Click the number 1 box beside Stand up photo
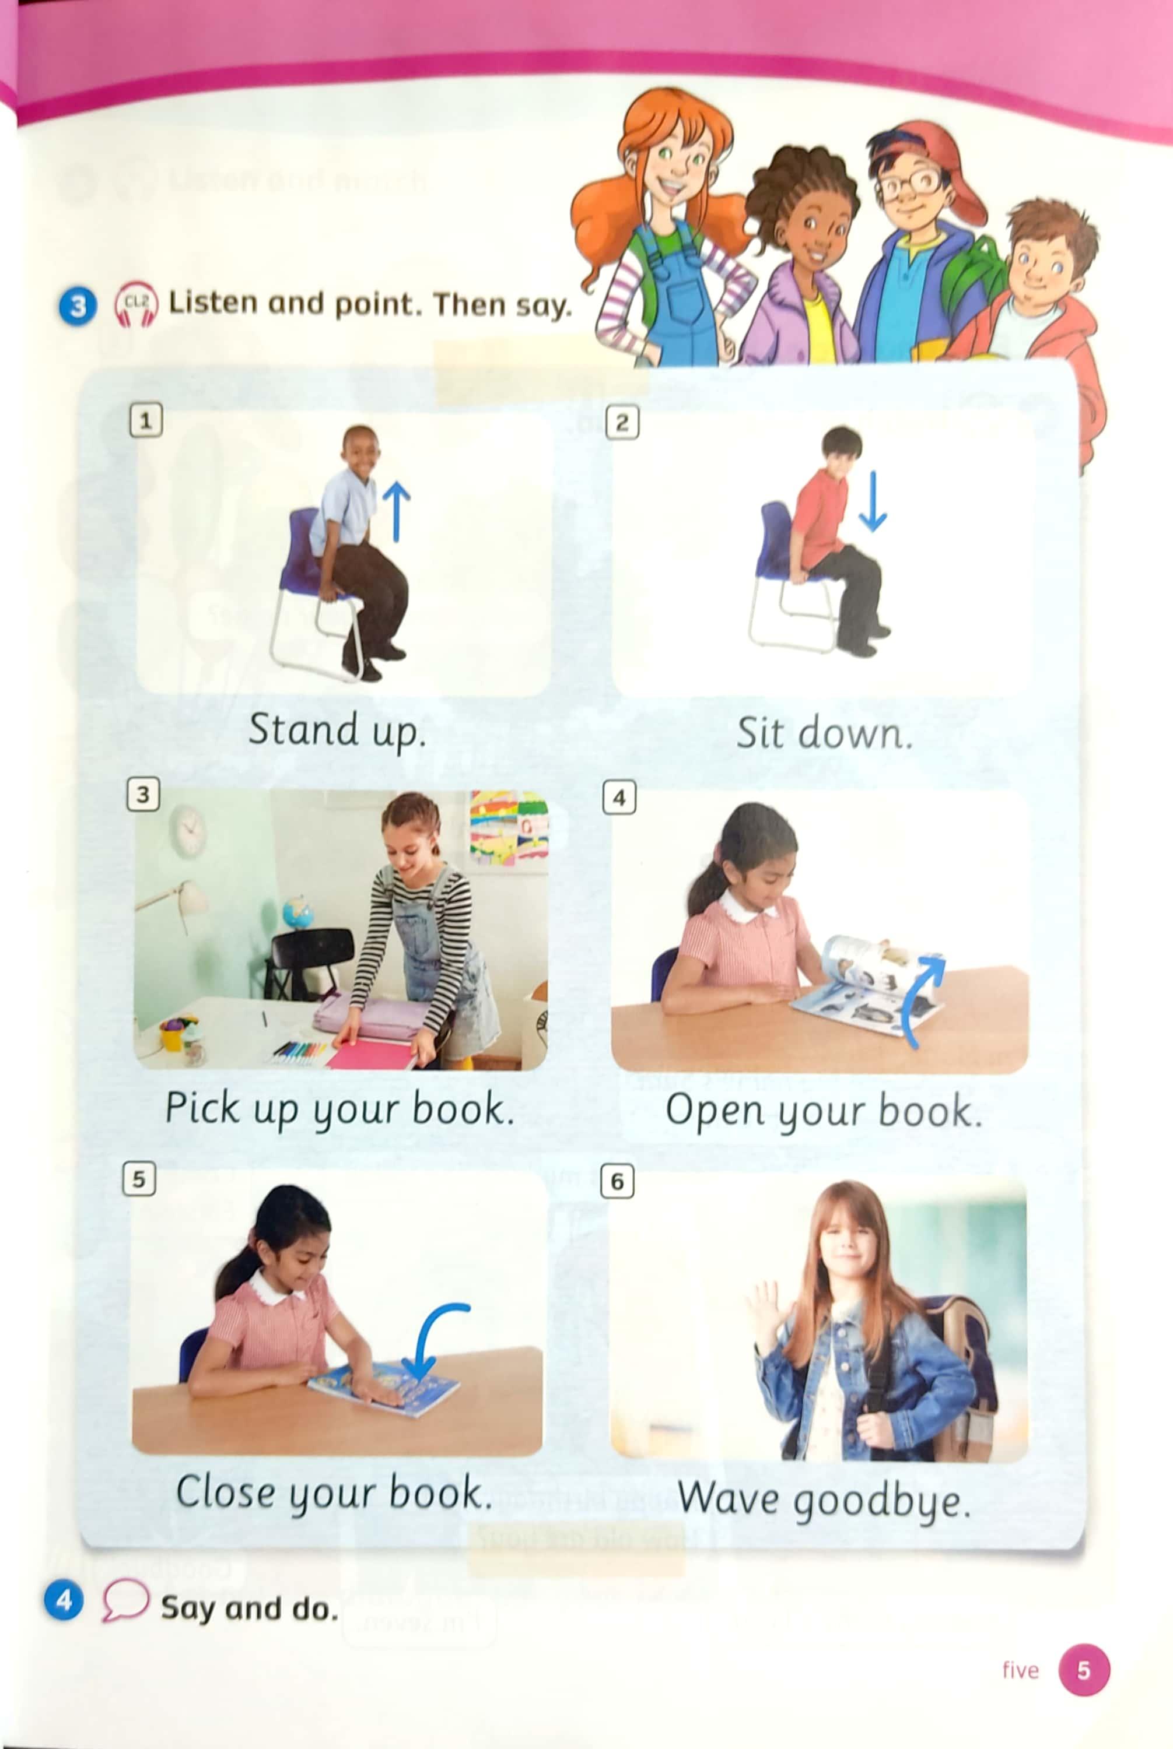146,421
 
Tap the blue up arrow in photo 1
397,511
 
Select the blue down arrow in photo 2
872,500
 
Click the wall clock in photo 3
188,831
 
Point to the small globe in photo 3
297,912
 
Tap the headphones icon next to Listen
135,304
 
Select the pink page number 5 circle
1084,1670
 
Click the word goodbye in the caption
882,1501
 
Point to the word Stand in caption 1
302,729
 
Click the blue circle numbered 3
78,306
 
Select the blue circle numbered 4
64,1601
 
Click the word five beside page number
1020,1670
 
